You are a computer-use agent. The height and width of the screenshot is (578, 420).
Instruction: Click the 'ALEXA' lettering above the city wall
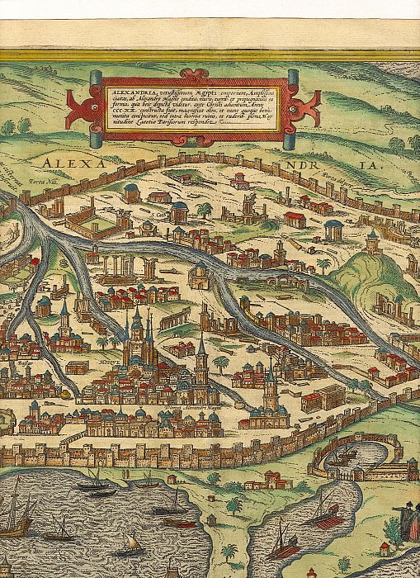[74, 163]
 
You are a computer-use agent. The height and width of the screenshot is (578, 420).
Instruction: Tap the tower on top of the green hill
[372, 242]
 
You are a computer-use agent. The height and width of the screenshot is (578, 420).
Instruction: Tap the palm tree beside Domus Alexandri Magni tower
[220, 363]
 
